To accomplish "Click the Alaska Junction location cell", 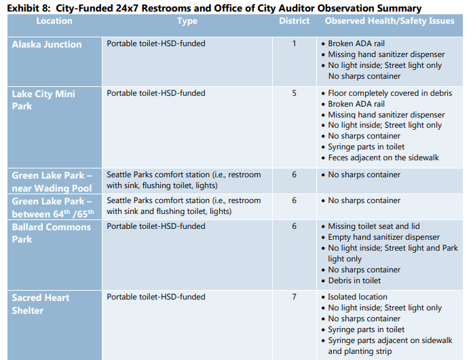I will [x=47, y=45].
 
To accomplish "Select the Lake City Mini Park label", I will [x=43, y=100].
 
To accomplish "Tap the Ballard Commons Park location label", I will [x=51, y=233].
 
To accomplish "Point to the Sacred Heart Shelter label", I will [x=41, y=304].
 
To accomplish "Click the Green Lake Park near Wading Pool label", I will [x=52, y=181].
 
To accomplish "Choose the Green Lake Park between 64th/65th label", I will [x=52, y=206].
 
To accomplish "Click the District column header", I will [x=294, y=21].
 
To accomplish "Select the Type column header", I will [x=187, y=21].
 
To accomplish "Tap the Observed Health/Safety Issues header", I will [x=390, y=21].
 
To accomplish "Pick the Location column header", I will [x=54, y=21].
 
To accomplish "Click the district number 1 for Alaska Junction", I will [x=294, y=44].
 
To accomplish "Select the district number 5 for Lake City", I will [x=294, y=93].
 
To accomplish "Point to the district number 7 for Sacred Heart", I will [x=294, y=297].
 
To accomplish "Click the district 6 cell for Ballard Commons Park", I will [x=294, y=226].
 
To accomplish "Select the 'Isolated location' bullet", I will [x=358, y=297].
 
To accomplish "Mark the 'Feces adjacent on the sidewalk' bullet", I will [x=383, y=158].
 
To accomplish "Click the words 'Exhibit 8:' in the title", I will [x=28, y=8].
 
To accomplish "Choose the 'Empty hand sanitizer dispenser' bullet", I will [x=383, y=237].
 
